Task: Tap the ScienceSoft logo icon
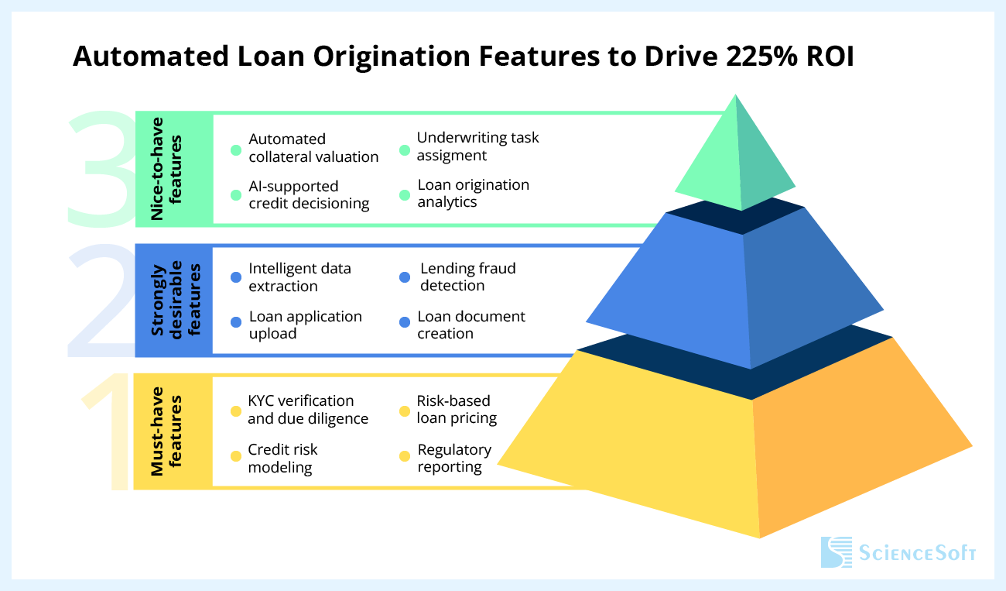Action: pyautogui.click(x=836, y=552)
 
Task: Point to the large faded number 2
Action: pyautogui.click(x=101, y=301)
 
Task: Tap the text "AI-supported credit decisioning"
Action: pyautogui.click(x=309, y=195)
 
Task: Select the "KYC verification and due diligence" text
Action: pyautogui.click(x=307, y=410)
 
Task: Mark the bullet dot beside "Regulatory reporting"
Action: pyautogui.click(x=404, y=455)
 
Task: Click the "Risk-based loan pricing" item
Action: pyautogui.click(x=457, y=410)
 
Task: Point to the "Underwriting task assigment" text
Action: pyautogui.click(x=477, y=146)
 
